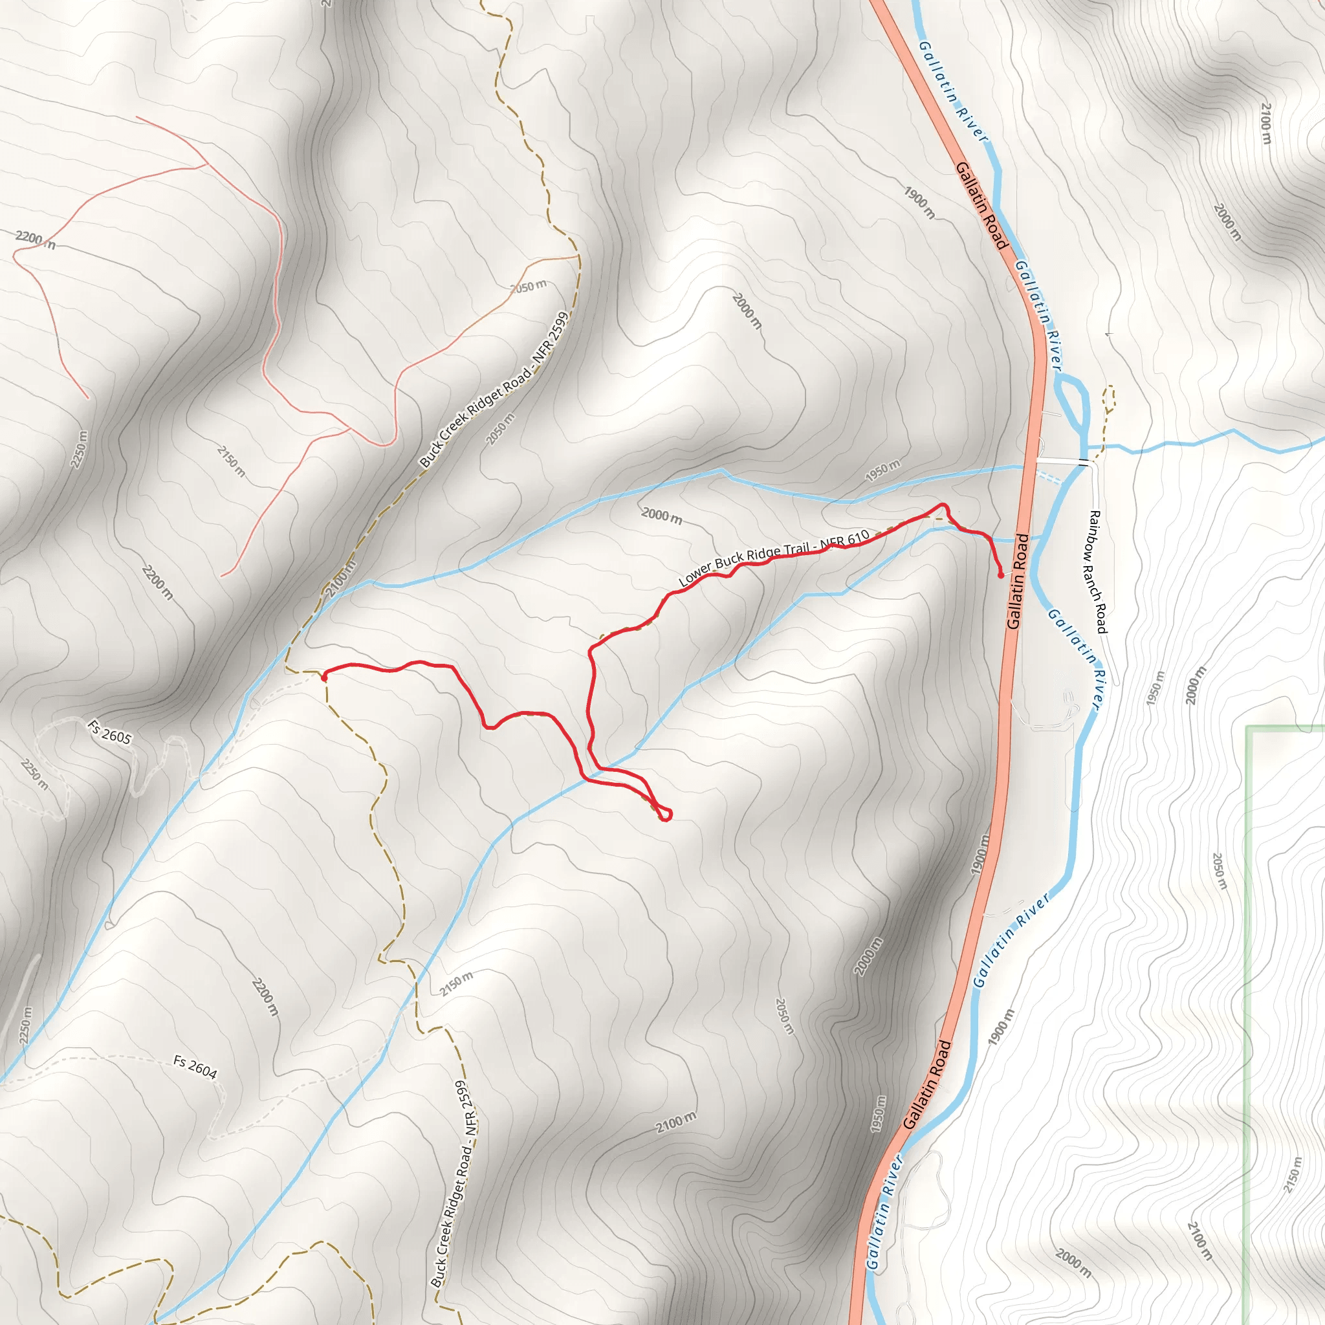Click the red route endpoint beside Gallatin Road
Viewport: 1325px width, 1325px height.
(x=1001, y=575)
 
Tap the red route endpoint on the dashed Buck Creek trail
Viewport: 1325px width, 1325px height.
(x=323, y=677)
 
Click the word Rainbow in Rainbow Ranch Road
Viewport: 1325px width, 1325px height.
(x=1095, y=529)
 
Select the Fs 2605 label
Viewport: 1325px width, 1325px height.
(x=109, y=732)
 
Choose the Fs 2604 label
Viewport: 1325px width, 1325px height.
(x=195, y=1066)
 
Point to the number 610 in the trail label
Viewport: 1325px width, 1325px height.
(x=857, y=538)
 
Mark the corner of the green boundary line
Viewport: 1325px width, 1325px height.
(x=1249, y=729)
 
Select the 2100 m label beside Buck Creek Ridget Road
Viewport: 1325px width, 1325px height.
(x=341, y=578)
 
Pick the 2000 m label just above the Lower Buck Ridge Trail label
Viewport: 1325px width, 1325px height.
(x=662, y=515)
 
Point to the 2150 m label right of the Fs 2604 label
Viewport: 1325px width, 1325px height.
(x=456, y=983)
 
